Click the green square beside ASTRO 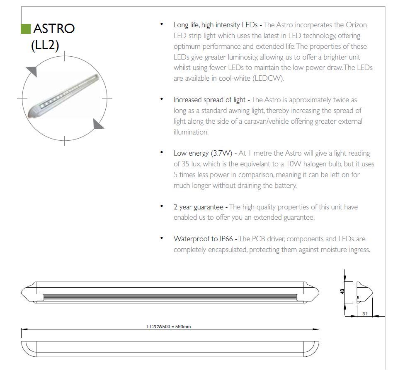(25, 29)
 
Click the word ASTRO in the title (54, 29)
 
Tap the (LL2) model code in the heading (45, 45)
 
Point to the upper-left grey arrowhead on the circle (32, 71)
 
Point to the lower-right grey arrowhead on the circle (98, 123)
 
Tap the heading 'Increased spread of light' (210, 100)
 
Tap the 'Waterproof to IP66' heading (203, 239)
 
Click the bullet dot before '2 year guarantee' (161, 206)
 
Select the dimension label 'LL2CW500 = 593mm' (169, 327)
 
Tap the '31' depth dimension (364, 314)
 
